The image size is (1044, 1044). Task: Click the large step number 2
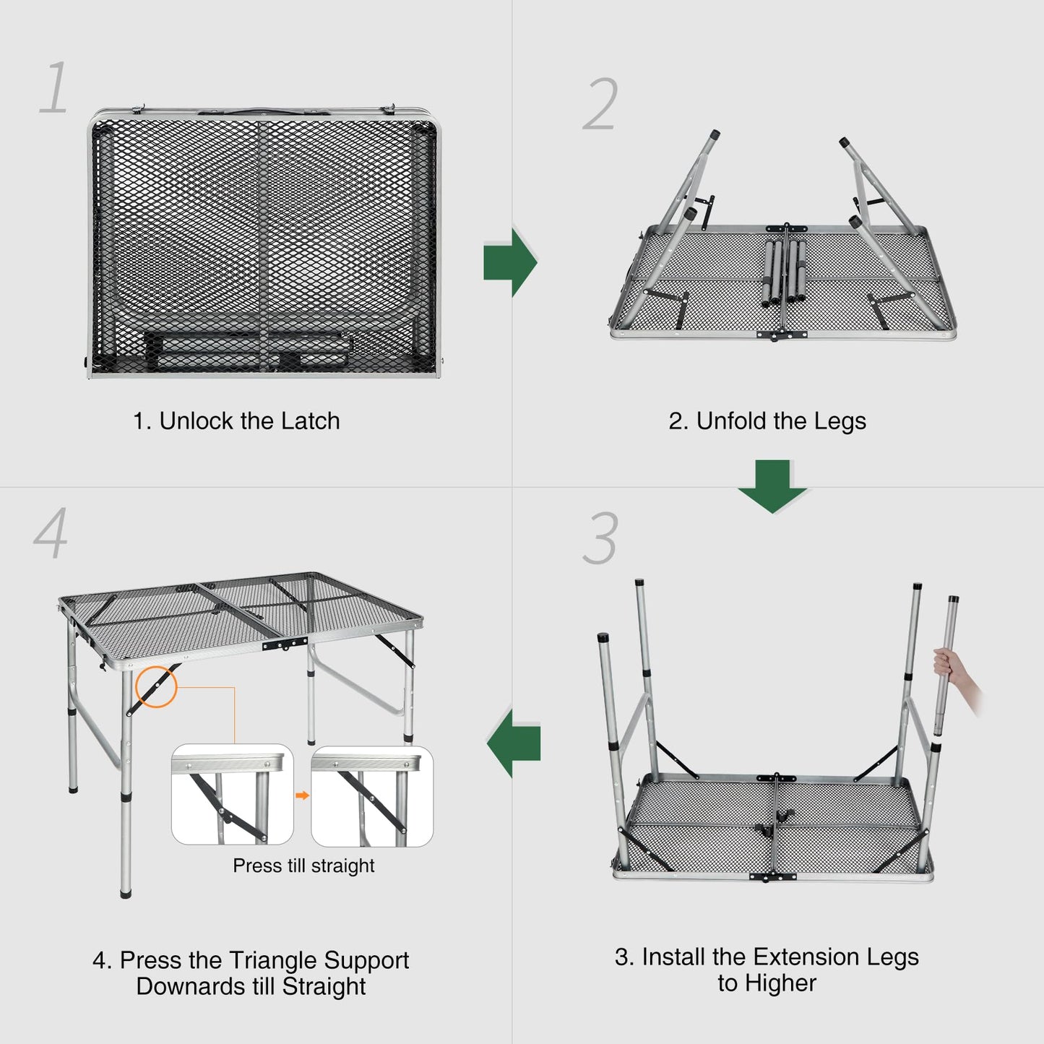point(600,105)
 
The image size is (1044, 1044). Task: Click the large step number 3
point(600,539)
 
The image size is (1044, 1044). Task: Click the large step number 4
point(51,533)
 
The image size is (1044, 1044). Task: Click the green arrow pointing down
point(772,486)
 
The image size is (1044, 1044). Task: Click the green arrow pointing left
point(514,742)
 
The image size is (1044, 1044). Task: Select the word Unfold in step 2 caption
point(731,421)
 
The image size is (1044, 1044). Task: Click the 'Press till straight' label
point(303,866)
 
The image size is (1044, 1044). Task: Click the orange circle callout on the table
point(156,686)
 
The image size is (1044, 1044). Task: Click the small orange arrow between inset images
point(303,795)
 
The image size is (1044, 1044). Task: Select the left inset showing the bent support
point(233,795)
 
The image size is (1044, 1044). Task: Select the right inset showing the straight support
point(372,795)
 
